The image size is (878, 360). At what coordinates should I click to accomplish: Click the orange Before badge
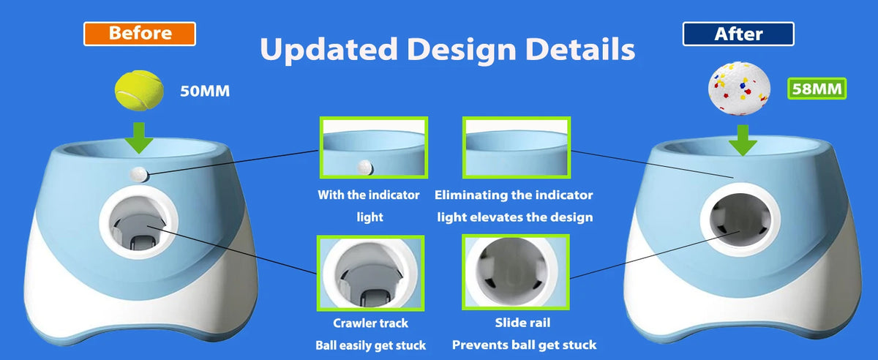click(x=140, y=34)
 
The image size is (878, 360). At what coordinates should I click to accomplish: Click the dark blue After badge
click(x=738, y=34)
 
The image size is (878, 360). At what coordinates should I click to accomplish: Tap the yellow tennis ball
click(x=139, y=90)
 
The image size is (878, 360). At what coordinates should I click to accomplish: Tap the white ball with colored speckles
click(x=739, y=89)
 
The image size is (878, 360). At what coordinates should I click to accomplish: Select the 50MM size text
click(x=205, y=91)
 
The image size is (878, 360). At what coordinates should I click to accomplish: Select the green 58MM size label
click(x=817, y=89)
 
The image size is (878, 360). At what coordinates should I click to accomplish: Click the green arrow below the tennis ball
click(x=140, y=138)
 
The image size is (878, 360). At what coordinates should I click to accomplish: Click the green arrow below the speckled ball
click(x=743, y=140)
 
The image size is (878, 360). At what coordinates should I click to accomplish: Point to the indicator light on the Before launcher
click(x=139, y=174)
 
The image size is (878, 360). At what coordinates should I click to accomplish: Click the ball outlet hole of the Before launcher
click(x=139, y=222)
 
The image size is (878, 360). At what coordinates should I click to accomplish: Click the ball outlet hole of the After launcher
click(x=740, y=220)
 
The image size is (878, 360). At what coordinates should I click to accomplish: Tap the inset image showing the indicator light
click(x=374, y=148)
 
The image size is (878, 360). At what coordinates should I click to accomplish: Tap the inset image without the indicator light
click(x=517, y=148)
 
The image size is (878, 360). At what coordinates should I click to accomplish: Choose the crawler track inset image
click(x=370, y=273)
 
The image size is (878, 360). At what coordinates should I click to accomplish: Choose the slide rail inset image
click(x=516, y=272)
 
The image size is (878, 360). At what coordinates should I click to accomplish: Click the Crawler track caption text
click(x=370, y=323)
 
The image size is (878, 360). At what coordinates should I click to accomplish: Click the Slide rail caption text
click(x=522, y=323)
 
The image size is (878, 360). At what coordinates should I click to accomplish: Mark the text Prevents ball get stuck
click(x=524, y=345)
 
